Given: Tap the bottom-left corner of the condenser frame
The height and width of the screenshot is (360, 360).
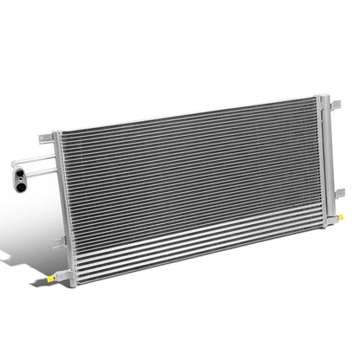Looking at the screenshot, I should click(x=74, y=285).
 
